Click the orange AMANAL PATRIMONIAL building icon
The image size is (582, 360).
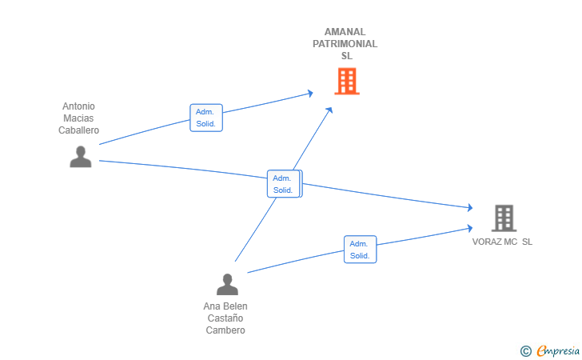[346, 81]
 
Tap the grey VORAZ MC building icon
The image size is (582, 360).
[504, 218]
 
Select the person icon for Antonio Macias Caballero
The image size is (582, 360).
[80, 157]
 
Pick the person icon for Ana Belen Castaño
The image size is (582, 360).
[227, 285]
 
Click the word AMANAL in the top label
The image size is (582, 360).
[345, 32]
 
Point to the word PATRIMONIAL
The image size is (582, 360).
[345, 44]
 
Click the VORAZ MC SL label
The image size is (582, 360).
[502, 242]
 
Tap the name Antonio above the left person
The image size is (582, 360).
[78, 106]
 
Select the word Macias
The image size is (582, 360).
[78, 118]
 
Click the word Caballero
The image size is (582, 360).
[78, 130]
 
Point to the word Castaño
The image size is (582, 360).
[225, 318]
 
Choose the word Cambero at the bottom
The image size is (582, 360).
[225, 330]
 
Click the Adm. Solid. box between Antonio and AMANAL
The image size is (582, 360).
[205, 118]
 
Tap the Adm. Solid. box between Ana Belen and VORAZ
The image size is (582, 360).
[360, 250]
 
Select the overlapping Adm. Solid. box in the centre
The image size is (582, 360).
[283, 184]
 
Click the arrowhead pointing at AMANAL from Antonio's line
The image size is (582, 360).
[310, 94]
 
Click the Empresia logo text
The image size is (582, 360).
[558, 350]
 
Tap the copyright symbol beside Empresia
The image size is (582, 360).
[525, 350]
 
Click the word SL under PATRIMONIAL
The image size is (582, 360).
[346, 56]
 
